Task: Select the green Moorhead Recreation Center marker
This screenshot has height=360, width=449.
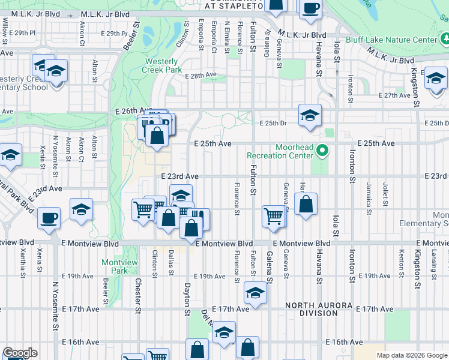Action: point(323,151)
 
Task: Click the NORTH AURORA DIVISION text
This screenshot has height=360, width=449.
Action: point(319,309)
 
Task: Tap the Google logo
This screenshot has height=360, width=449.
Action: point(19,353)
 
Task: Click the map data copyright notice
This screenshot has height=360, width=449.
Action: point(412,355)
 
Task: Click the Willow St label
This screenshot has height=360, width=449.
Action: point(5,27)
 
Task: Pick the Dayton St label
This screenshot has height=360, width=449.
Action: point(187,301)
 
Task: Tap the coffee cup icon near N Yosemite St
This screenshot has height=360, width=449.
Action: point(49,218)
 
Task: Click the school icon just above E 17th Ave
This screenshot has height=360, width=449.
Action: point(255,293)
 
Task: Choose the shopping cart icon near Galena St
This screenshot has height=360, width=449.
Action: point(274,215)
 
